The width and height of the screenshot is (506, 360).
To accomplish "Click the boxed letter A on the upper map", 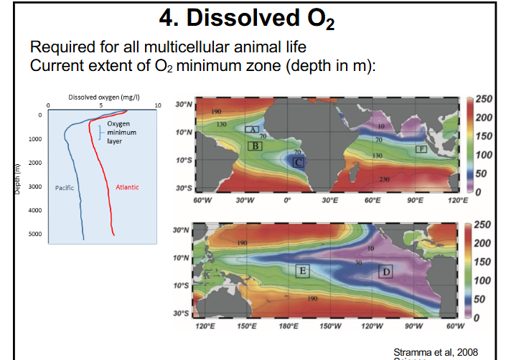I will (252, 128).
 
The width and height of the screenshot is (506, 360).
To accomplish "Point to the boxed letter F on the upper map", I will (422, 149).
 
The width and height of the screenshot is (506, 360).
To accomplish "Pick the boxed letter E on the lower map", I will (303, 271).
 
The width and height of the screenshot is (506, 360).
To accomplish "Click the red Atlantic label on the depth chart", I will (127, 187).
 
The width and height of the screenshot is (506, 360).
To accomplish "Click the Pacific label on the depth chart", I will (65, 187).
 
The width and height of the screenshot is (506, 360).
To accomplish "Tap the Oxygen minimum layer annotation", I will (120, 133).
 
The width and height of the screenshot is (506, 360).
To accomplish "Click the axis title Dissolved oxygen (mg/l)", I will (98, 98).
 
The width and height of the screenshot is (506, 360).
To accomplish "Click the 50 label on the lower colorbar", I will (483, 298).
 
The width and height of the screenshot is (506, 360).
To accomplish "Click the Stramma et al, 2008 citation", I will (436, 351).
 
